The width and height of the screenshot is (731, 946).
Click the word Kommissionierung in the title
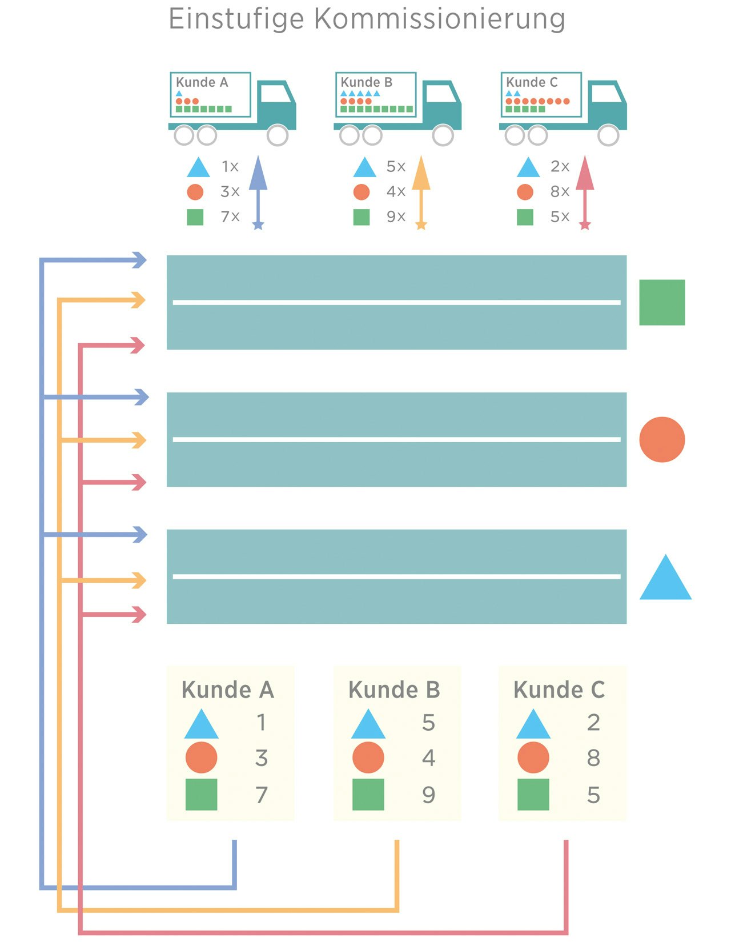[x=440, y=19]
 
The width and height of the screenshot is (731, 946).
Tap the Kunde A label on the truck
[x=202, y=82]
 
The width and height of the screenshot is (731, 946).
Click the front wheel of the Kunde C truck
[x=608, y=135]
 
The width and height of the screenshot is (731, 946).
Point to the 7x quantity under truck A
[x=230, y=217]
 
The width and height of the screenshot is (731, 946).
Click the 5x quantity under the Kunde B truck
[x=396, y=166]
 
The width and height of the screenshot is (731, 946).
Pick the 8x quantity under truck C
[x=560, y=191]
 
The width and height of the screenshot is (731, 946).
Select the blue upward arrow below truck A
[x=258, y=191]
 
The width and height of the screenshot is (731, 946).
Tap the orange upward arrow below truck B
[x=421, y=191]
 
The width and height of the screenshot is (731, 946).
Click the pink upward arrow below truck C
[x=585, y=191]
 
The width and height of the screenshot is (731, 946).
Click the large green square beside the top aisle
[x=662, y=302]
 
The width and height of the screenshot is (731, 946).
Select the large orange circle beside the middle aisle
[x=662, y=439]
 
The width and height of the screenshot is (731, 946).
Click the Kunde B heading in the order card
[x=394, y=690]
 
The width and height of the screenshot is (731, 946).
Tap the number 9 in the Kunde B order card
[x=428, y=795]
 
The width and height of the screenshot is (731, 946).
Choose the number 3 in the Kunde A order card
[x=262, y=758]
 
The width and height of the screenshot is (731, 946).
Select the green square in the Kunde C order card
[x=533, y=795]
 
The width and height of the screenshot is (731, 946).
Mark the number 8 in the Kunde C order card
[x=593, y=758]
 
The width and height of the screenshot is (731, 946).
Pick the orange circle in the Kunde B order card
[x=368, y=758]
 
